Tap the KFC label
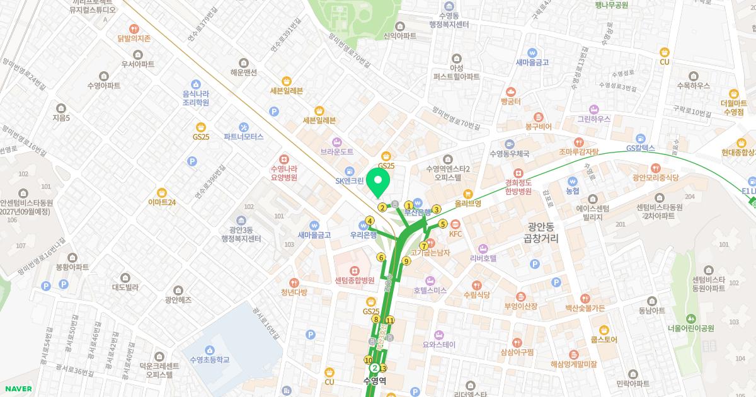(455, 234)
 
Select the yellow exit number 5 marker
(443, 224)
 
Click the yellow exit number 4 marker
(370, 220)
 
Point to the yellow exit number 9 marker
(406, 261)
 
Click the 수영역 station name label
(374, 381)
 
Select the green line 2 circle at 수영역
(375, 368)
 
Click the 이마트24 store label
(162, 202)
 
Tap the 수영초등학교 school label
(209, 360)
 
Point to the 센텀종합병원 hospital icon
(355, 270)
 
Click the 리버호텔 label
(484, 258)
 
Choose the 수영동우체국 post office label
(510, 153)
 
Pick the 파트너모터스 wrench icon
(243, 127)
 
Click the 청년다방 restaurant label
(294, 292)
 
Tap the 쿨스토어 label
(604, 340)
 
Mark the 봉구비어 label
(538, 127)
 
